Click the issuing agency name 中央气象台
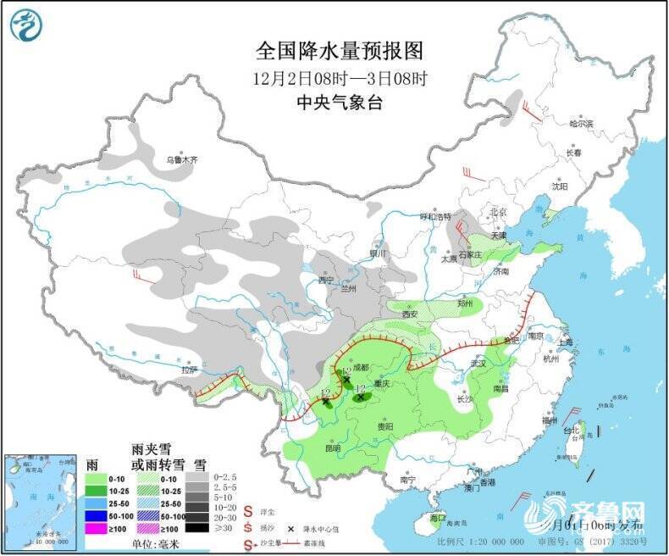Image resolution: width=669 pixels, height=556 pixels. point(339,102)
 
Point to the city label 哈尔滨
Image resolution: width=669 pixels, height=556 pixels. point(582,124)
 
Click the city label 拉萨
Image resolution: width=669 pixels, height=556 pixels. point(189,370)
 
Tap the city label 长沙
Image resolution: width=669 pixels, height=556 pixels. point(464,398)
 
